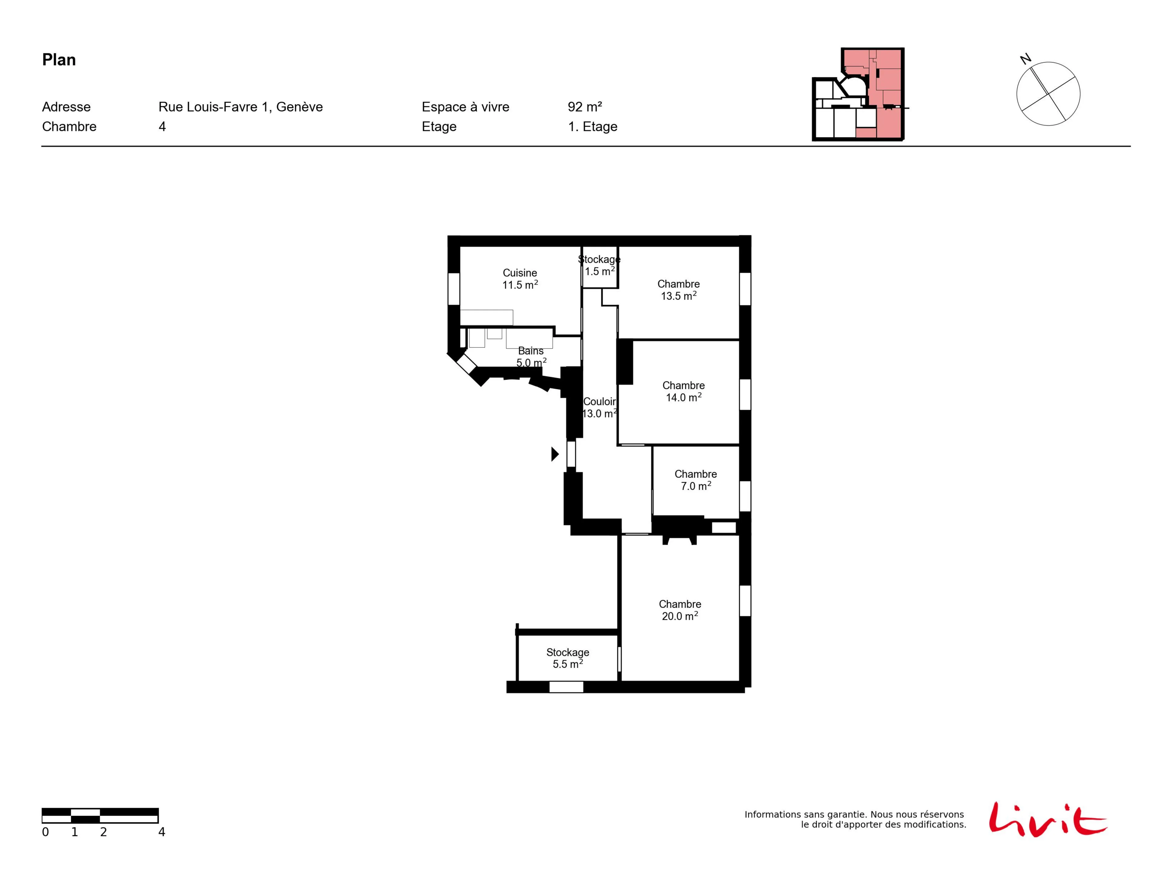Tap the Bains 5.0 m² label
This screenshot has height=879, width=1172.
pyautogui.click(x=531, y=357)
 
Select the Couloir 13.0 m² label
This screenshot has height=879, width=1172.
pyautogui.click(x=600, y=408)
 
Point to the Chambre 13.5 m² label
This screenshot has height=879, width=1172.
pyautogui.click(x=679, y=290)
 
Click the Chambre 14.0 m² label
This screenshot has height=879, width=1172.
pyautogui.click(x=683, y=391)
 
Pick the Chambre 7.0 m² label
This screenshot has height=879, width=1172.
pyautogui.click(x=696, y=480)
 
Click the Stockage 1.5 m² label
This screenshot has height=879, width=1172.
pyautogui.click(x=599, y=265)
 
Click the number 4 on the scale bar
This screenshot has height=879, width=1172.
pyautogui.click(x=161, y=832)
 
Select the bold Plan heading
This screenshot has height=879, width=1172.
pyautogui.click(x=59, y=60)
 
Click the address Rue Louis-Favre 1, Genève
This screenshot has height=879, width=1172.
pyautogui.click(x=241, y=107)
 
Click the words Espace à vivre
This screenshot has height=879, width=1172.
pyautogui.click(x=465, y=107)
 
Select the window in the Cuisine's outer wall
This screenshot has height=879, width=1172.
pyautogui.click(x=454, y=289)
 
